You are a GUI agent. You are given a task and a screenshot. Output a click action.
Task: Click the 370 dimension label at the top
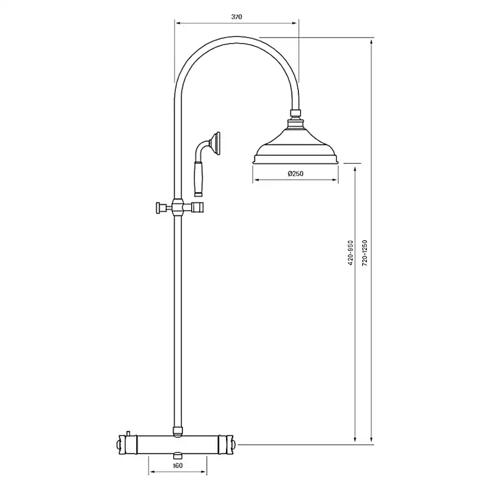(237, 17)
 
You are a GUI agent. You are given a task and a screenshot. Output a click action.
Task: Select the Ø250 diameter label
(295, 173)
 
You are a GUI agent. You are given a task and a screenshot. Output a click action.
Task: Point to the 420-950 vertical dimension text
(350, 253)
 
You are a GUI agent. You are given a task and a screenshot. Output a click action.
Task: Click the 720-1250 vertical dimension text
(365, 253)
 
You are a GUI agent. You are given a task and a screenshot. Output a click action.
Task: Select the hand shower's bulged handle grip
(199, 181)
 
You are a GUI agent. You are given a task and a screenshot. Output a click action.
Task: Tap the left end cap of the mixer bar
(123, 444)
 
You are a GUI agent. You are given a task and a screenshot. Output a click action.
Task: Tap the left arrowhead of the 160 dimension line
(151, 472)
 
